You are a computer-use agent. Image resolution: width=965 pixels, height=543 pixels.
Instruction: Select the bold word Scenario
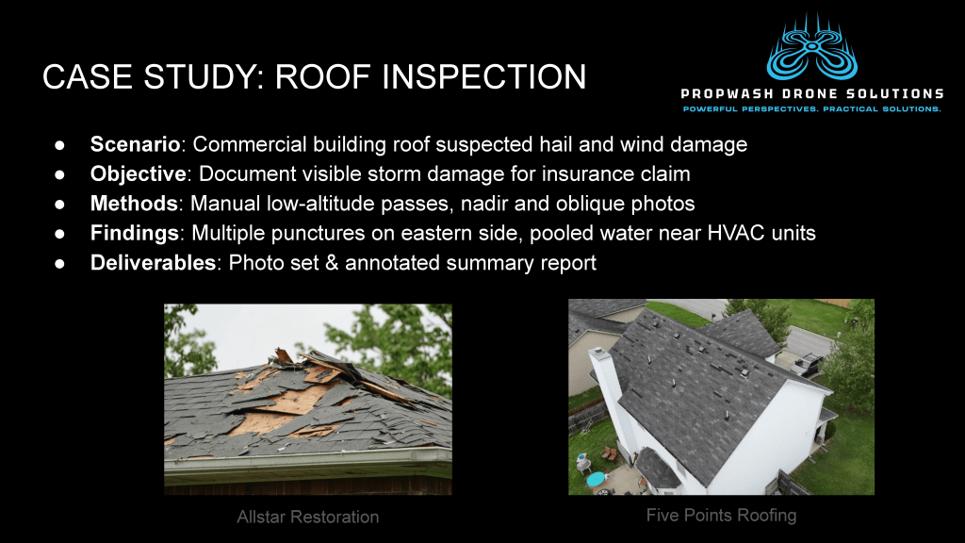136,144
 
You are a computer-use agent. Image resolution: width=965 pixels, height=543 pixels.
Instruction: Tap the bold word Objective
139,174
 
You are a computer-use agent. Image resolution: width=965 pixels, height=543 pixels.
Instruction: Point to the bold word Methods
134,204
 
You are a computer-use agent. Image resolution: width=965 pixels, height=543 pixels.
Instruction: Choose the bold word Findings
135,234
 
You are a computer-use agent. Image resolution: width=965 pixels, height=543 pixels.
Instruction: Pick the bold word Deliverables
154,263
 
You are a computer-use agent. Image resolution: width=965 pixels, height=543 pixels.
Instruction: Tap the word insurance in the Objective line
578,174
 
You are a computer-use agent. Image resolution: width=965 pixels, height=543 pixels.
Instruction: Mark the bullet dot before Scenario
59,145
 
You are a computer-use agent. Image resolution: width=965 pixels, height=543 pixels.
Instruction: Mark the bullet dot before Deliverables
59,264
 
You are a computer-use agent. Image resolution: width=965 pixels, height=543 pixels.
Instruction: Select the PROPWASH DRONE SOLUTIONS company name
812,94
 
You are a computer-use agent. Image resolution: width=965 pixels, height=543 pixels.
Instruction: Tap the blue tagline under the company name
812,109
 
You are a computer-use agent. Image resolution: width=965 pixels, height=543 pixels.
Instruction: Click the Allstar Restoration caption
308,518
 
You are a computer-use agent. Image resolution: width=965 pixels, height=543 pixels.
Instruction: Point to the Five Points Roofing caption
721,516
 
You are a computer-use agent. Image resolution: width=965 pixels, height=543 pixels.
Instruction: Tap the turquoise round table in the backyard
596,479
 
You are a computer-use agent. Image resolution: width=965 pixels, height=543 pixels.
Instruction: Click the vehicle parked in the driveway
807,364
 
